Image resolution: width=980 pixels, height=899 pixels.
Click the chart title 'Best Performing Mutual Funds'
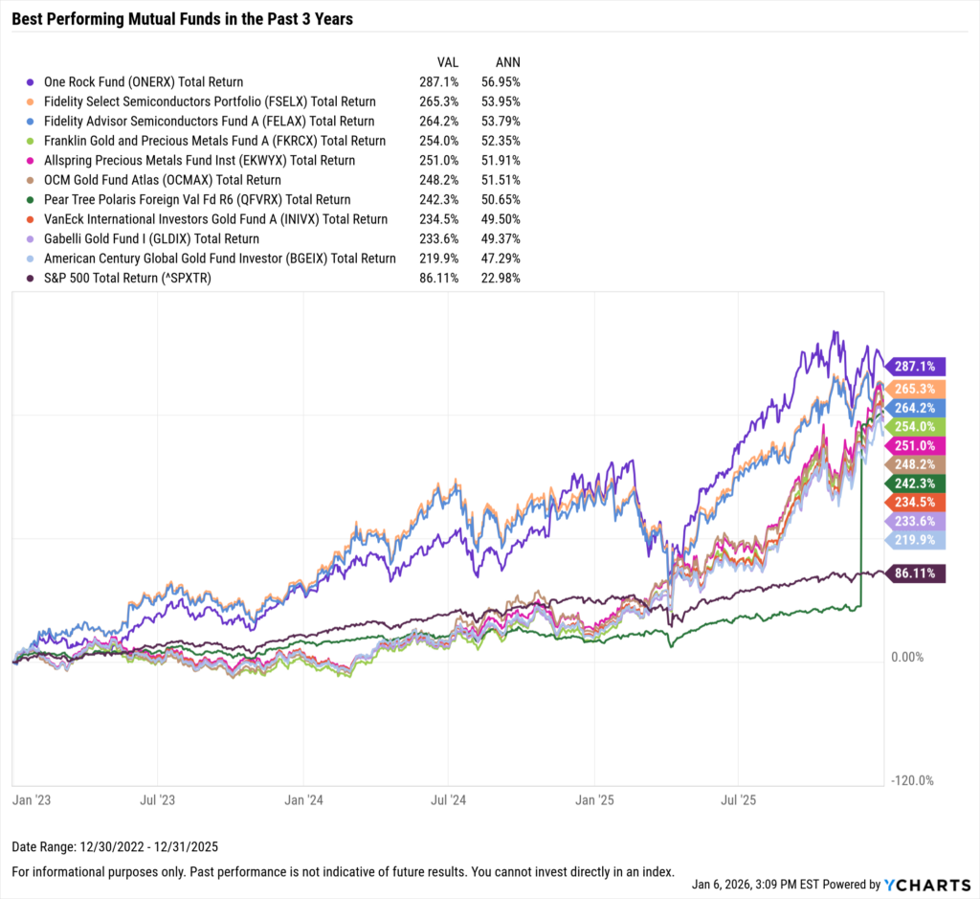(183, 19)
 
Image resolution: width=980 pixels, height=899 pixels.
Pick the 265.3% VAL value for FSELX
(440, 101)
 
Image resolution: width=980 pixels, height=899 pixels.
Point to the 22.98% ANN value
(501, 279)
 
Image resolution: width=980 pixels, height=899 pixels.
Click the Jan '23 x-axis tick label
(30, 798)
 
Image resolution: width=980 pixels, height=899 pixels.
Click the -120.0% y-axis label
(910, 780)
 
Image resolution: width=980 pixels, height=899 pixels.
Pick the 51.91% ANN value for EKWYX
(501, 161)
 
